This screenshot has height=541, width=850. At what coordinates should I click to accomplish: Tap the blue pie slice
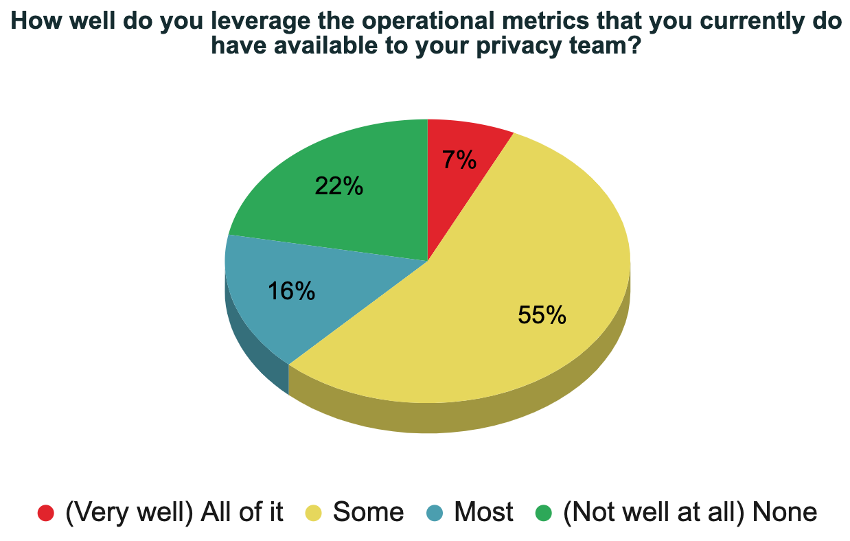point(275,302)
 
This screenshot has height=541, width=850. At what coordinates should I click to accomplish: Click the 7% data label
point(459,160)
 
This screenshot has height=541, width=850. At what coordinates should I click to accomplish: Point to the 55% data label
point(542,315)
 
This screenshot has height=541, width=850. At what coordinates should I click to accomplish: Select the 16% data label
point(291,291)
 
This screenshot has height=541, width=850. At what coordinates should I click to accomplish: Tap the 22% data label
point(338,186)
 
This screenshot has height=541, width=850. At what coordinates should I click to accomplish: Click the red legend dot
point(46,512)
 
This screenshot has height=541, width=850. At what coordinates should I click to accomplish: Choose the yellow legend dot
point(314,512)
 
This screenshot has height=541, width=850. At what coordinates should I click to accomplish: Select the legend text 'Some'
point(369,512)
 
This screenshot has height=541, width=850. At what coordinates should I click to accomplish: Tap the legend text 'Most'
point(483,512)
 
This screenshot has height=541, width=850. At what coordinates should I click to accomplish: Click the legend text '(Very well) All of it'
point(174,512)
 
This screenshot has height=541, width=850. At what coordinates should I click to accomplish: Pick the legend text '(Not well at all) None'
point(689,512)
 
